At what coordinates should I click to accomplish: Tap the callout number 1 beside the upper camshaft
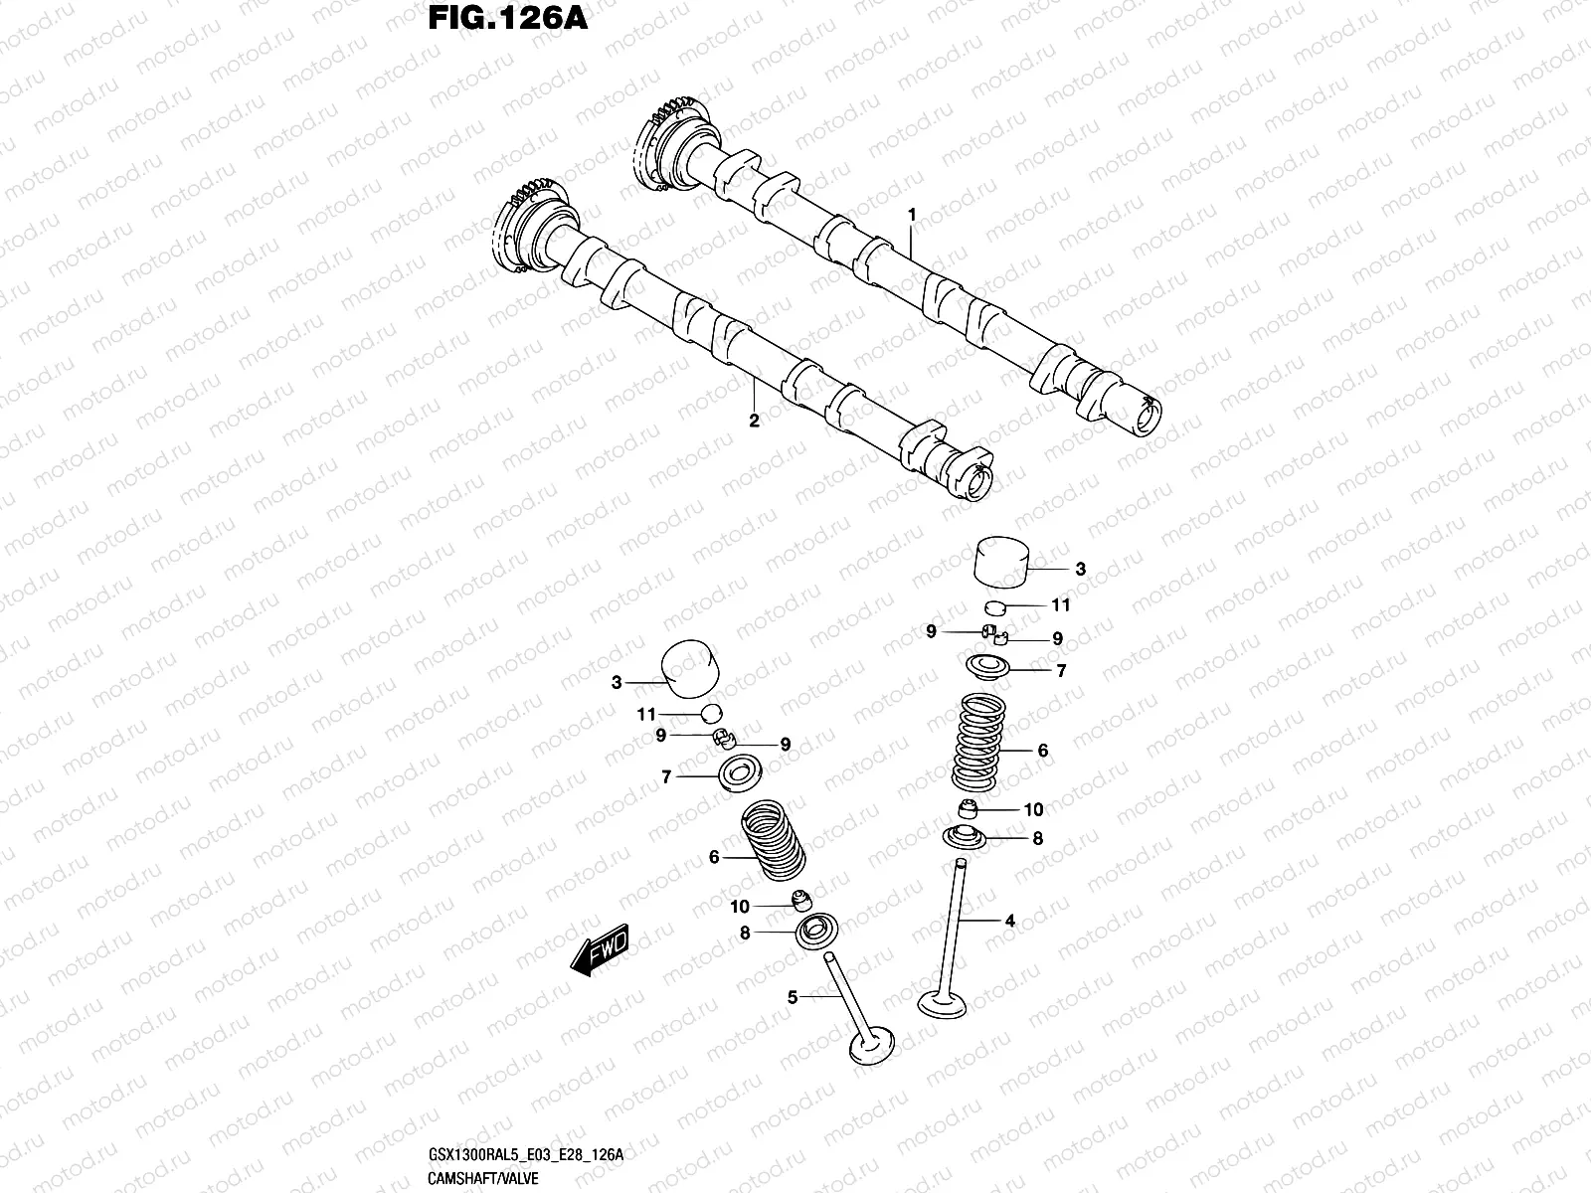910,215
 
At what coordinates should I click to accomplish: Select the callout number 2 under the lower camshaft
754,422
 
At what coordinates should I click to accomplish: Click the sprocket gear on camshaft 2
537,231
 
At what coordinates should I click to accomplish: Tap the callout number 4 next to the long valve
1009,922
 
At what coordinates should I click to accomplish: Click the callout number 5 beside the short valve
793,997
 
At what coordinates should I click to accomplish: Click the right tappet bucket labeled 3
999,563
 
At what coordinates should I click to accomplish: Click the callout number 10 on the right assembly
1033,810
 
